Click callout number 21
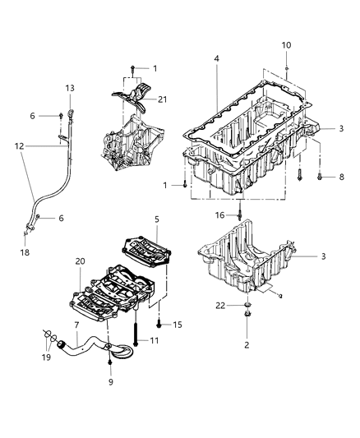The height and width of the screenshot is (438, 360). (x=162, y=99)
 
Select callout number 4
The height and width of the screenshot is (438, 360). (x=217, y=59)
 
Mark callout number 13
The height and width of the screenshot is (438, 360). (x=69, y=88)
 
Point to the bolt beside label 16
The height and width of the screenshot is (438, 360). (x=239, y=214)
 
